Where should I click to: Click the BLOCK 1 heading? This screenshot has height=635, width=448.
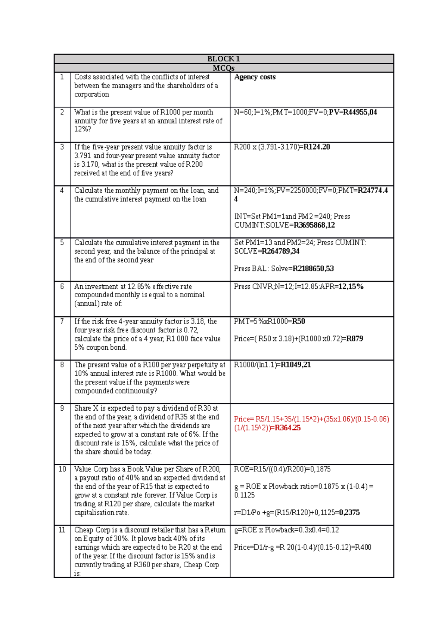click(223, 59)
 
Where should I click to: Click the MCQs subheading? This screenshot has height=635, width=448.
click(223, 68)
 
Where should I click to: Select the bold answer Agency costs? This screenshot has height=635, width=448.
click(255, 77)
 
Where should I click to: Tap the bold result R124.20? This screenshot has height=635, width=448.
click(317, 147)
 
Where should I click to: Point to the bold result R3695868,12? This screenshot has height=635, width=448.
click(314, 225)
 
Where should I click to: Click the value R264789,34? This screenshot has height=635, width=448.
click(280, 251)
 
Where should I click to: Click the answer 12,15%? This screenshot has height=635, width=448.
click(351, 286)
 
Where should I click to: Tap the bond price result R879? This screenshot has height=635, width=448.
click(354, 339)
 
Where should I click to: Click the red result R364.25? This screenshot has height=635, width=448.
click(287, 428)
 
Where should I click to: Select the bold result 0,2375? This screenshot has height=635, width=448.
click(349, 513)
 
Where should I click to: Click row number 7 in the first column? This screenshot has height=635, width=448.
click(62, 321)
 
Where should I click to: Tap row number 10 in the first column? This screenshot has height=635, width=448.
click(62, 469)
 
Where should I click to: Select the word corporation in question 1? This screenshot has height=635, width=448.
click(91, 94)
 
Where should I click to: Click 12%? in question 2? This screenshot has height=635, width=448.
click(83, 129)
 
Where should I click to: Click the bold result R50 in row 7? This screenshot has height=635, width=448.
click(298, 321)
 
